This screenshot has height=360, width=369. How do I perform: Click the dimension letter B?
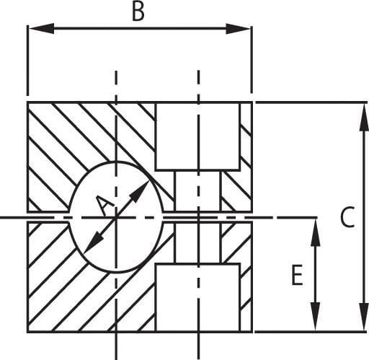click(138, 12)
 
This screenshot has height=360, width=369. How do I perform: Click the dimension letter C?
click(347, 216)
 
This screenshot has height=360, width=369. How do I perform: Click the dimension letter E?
click(297, 275)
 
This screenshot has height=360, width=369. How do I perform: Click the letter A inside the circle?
click(104, 205)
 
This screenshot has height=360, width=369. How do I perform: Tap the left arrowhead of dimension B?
click(41, 29)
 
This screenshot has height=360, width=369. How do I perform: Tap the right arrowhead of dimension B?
click(239, 29)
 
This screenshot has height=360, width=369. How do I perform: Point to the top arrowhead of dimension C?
click(364, 117)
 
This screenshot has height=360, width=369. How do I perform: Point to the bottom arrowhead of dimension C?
click(364, 317)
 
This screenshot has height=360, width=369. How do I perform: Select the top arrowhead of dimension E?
click(316, 232)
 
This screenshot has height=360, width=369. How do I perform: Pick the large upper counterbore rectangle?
click(197, 136)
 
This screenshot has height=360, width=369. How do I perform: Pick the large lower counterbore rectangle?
click(197, 298)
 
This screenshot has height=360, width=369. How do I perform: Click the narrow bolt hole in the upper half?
click(197, 191)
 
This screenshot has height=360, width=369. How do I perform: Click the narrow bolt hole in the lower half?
click(197, 242)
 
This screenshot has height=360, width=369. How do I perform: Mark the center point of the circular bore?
click(116, 217)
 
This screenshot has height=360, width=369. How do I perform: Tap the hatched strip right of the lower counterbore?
click(246, 298)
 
